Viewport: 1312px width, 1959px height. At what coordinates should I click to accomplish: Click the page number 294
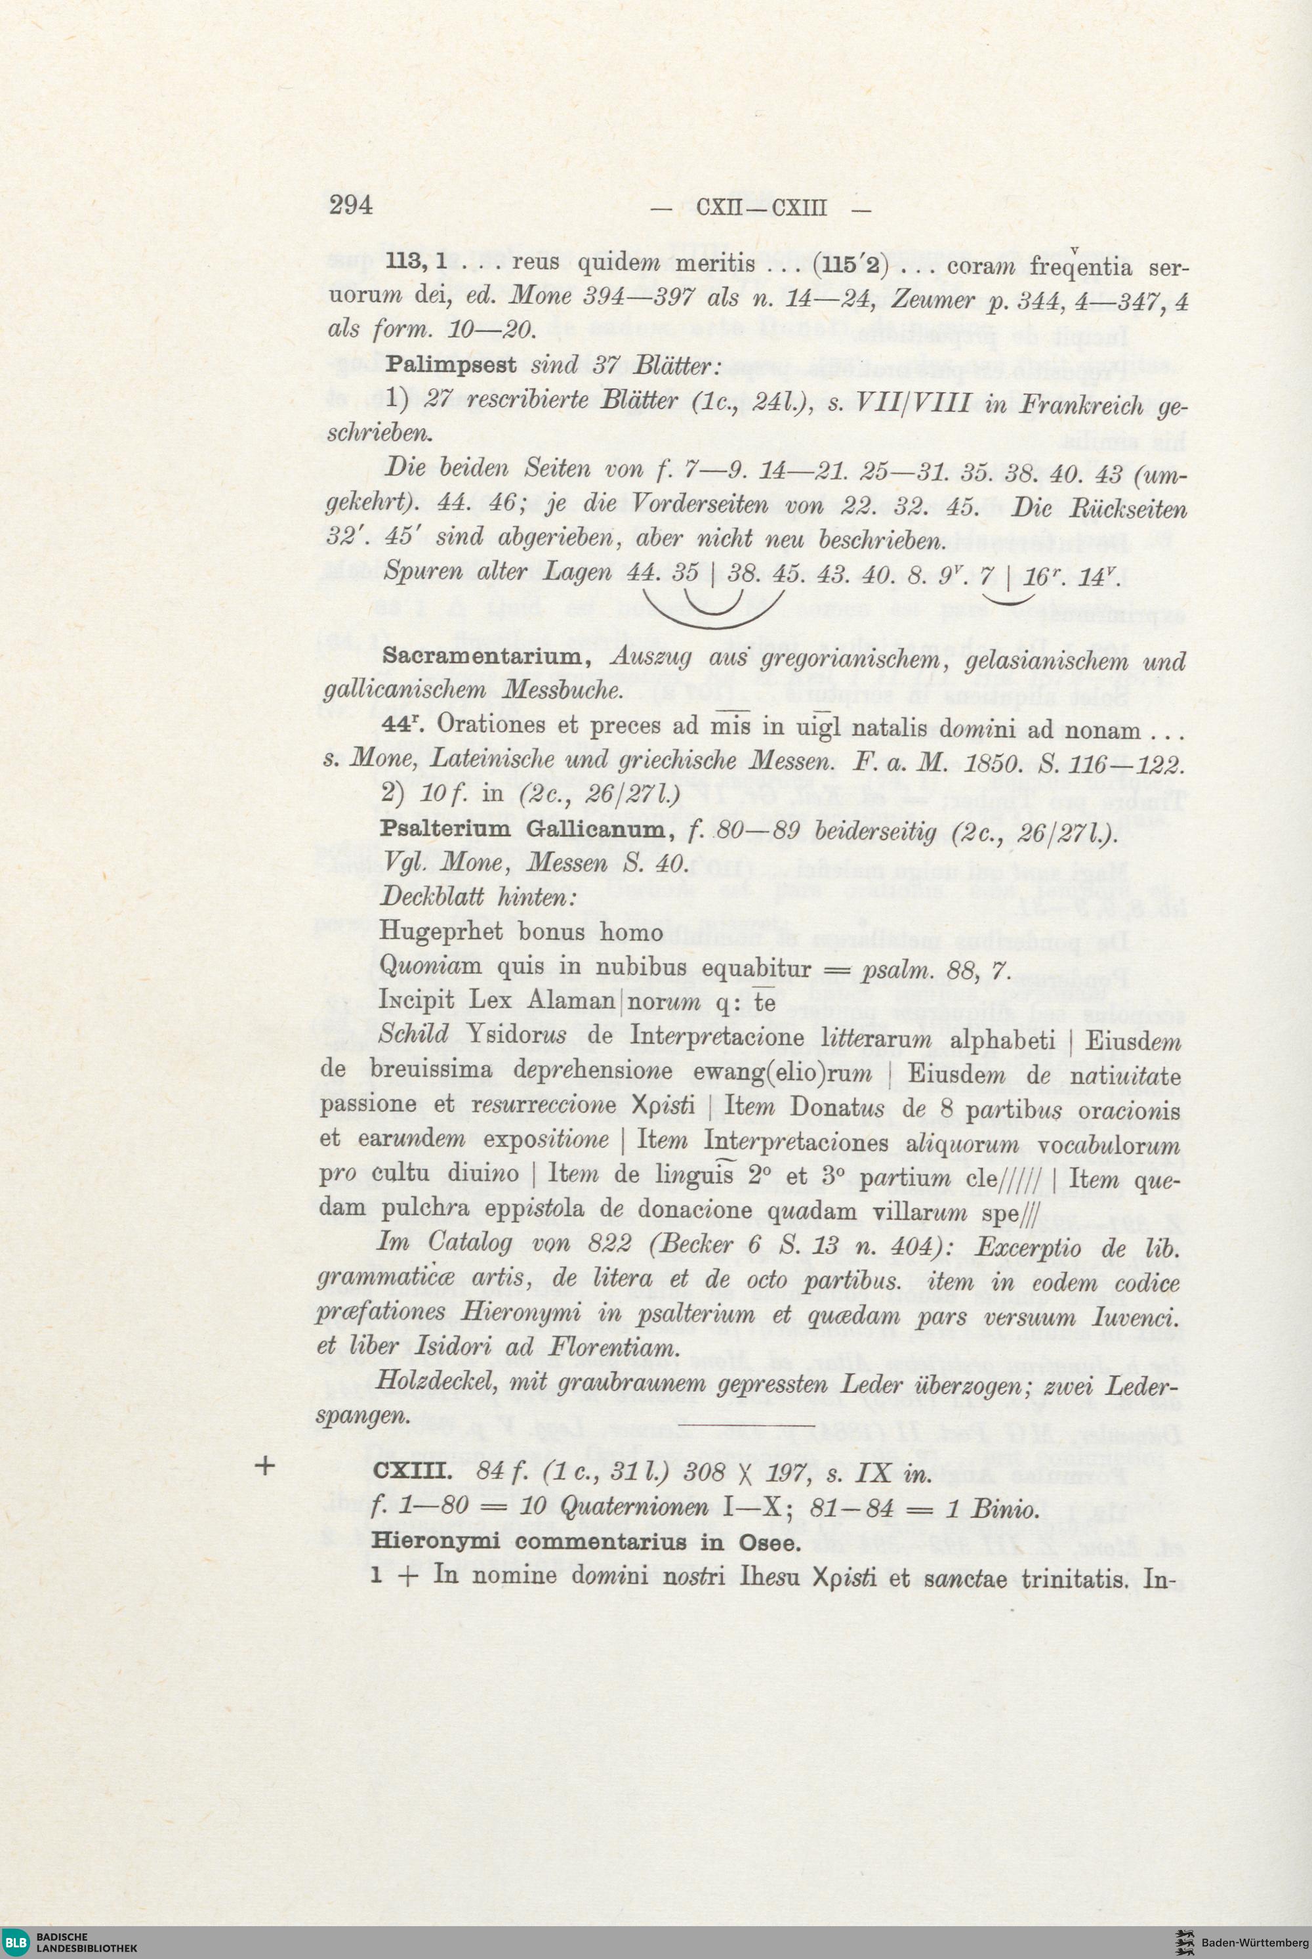point(350,204)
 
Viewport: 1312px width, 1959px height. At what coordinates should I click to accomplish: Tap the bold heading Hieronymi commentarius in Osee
point(586,1541)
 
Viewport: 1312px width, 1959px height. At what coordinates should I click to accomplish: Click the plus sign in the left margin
point(266,1466)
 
